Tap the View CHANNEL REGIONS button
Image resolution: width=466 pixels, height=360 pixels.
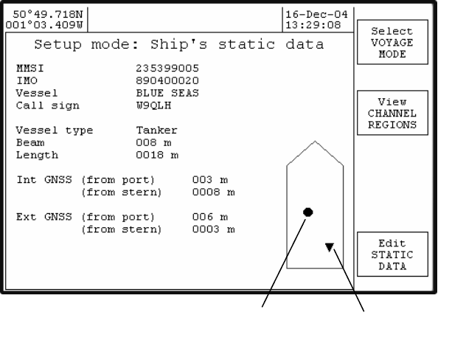(x=392, y=114)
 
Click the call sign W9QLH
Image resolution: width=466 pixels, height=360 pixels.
(x=153, y=105)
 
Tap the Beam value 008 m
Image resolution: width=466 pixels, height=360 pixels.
(x=153, y=143)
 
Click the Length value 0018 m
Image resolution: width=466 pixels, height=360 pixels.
(x=157, y=156)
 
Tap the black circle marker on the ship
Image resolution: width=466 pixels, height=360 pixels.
(x=308, y=212)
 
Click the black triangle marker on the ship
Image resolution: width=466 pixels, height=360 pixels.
(x=330, y=249)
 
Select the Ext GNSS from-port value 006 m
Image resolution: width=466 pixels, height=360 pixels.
(x=210, y=217)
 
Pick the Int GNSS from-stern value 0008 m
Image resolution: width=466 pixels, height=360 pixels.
(x=213, y=192)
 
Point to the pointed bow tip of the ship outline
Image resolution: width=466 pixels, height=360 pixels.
(x=315, y=142)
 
